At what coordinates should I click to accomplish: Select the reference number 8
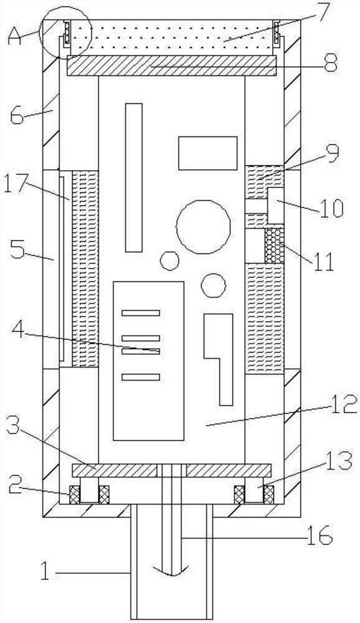(x=331, y=63)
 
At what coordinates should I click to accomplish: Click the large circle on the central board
(x=203, y=227)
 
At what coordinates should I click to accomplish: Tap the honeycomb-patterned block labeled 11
(x=275, y=245)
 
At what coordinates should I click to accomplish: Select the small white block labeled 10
(x=276, y=206)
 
